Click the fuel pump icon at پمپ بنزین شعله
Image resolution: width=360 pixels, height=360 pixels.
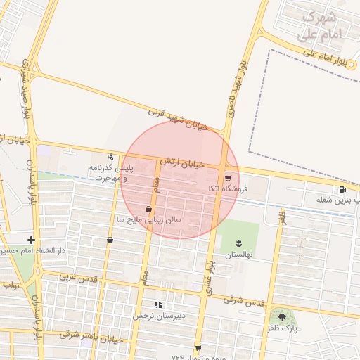tap(342, 189)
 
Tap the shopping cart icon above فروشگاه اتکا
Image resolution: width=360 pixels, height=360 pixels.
tap(227, 178)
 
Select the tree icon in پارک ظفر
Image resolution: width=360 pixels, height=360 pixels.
tap(282, 317)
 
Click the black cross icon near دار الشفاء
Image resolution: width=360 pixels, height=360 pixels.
tap(31, 240)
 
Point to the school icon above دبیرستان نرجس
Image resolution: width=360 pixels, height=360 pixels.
tap(158, 304)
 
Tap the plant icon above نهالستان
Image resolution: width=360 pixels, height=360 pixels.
tap(239, 243)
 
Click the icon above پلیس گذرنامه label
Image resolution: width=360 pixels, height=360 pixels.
tap(110, 157)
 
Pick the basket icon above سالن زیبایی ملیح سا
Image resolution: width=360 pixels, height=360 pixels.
tap(148, 209)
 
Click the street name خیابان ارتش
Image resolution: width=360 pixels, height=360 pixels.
tap(181, 162)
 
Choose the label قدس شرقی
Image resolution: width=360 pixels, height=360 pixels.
tap(244, 300)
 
